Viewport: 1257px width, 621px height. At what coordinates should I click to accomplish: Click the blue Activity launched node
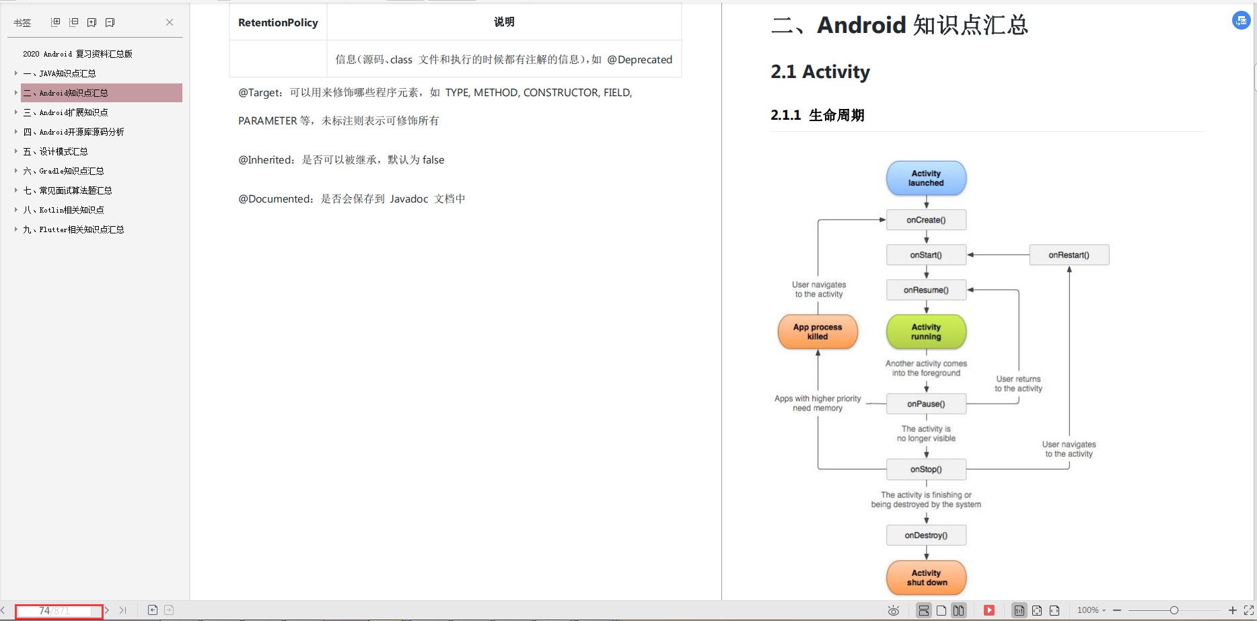click(x=926, y=178)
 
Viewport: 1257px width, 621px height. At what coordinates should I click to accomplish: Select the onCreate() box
click(x=926, y=220)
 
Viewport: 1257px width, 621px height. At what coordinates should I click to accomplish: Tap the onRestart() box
click(x=1069, y=255)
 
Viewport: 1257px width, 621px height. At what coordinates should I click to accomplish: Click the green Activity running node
click(x=926, y=332)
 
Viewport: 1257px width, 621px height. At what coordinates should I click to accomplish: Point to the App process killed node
click(x=818, y=332)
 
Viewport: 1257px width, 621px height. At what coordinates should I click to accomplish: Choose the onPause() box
click(x=926, y=404)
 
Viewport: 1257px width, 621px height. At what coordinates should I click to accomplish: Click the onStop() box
click(x=926, y=470)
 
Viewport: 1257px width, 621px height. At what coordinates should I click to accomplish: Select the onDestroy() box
click(x=926, y=536)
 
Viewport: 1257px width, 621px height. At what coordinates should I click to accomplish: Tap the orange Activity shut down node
click(x=926, y=578)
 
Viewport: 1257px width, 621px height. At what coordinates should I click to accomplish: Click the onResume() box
click(x=926, y=290)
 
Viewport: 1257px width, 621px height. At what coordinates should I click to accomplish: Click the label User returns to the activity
click(x=1018, y=383)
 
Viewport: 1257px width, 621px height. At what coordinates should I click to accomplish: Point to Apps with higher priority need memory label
click(x=818, y=403)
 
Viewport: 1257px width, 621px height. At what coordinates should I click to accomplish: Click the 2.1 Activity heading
click(x=820, y=71)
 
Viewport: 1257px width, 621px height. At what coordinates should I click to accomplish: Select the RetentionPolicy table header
click(x=278, y=22)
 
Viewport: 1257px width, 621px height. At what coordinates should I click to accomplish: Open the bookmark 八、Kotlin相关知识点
click(x=64, y=210)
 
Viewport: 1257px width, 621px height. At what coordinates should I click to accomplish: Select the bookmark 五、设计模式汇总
click(x=56, y=151)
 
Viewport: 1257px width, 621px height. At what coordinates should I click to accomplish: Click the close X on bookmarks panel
click(x=170, y=22)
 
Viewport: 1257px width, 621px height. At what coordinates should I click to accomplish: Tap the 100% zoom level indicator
click(x=1087, y=610)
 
